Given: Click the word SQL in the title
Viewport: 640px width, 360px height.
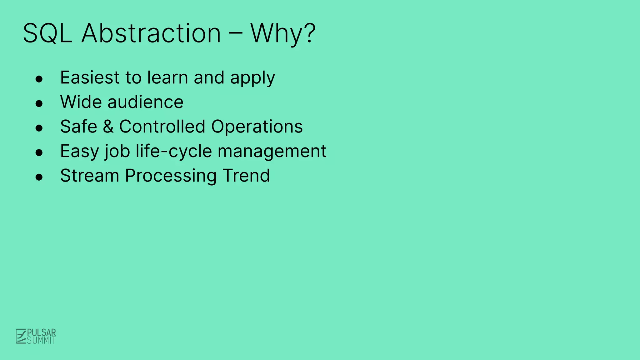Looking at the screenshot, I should [47, 33].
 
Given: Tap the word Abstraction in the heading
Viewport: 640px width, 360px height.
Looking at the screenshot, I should [151, 33].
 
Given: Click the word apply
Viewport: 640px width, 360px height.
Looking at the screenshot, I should [252, 78].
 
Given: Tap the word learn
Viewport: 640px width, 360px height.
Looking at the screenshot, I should [167, 77].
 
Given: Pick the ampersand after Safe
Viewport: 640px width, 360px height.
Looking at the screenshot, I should [108, 127].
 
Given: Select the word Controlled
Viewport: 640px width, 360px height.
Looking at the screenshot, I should [162, 127].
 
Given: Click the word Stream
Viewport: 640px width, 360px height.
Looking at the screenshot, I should [89, 176].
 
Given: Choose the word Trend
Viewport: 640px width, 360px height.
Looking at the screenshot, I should [246, 176].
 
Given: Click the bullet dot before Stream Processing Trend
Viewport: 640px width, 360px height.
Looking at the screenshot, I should [39, 177].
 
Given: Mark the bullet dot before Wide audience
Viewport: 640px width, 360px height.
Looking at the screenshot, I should [39, 103].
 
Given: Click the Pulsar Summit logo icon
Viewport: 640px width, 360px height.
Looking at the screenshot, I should [21, 336].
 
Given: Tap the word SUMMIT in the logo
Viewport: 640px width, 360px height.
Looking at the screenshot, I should [41, 340].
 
